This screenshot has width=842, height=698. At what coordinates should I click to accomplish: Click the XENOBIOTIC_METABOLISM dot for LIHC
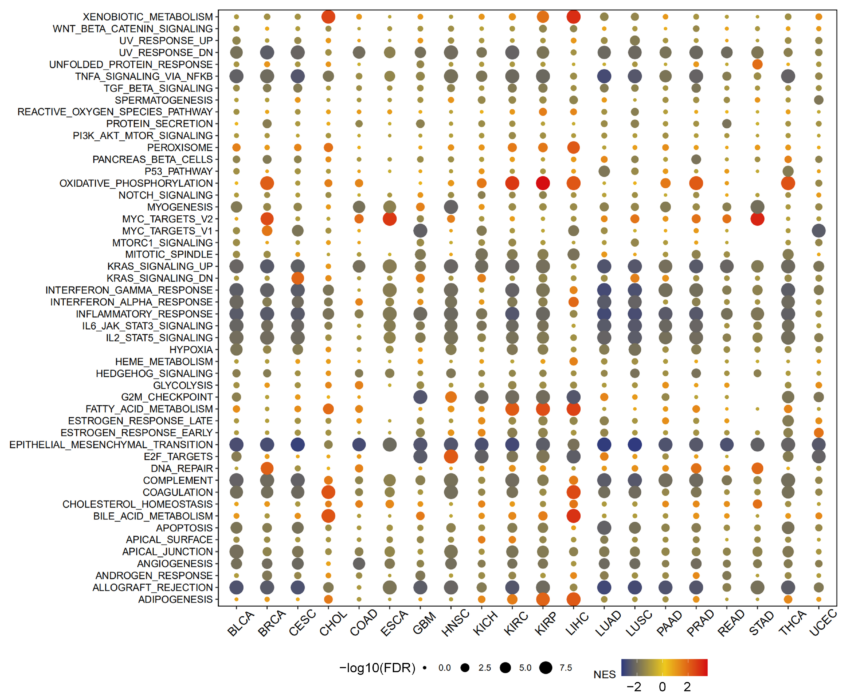pyautogui.click(x=573, y=17)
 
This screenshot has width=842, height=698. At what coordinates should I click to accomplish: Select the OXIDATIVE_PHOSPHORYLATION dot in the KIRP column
pyautogui.click(x=543, y=183)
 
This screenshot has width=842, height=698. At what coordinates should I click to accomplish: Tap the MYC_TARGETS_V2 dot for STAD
pyautogui.click(x=757, y=219)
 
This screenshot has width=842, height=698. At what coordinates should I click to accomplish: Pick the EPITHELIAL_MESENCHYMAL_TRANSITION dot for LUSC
pyautogui.click(x=635, y=445)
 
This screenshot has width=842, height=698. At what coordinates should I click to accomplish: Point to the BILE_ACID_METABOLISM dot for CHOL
pyautogui.click(x=328, y=516)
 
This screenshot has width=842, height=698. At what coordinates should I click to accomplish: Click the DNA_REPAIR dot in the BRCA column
pyautogui.click(x=267, y=468)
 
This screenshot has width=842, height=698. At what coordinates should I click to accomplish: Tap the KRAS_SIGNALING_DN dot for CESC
pyautogui.click(x=298, y=278)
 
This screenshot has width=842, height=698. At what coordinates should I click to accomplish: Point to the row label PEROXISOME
pyautogui.click(x=180, y=147)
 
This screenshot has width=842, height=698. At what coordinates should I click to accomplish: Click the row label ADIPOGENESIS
pyautogui.click(x=175, y=599)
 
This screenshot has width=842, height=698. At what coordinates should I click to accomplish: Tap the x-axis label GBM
pyautogui.click(x=424, y=623)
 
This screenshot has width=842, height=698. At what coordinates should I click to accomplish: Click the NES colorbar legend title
pyautogui.click(x=604, y=675)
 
